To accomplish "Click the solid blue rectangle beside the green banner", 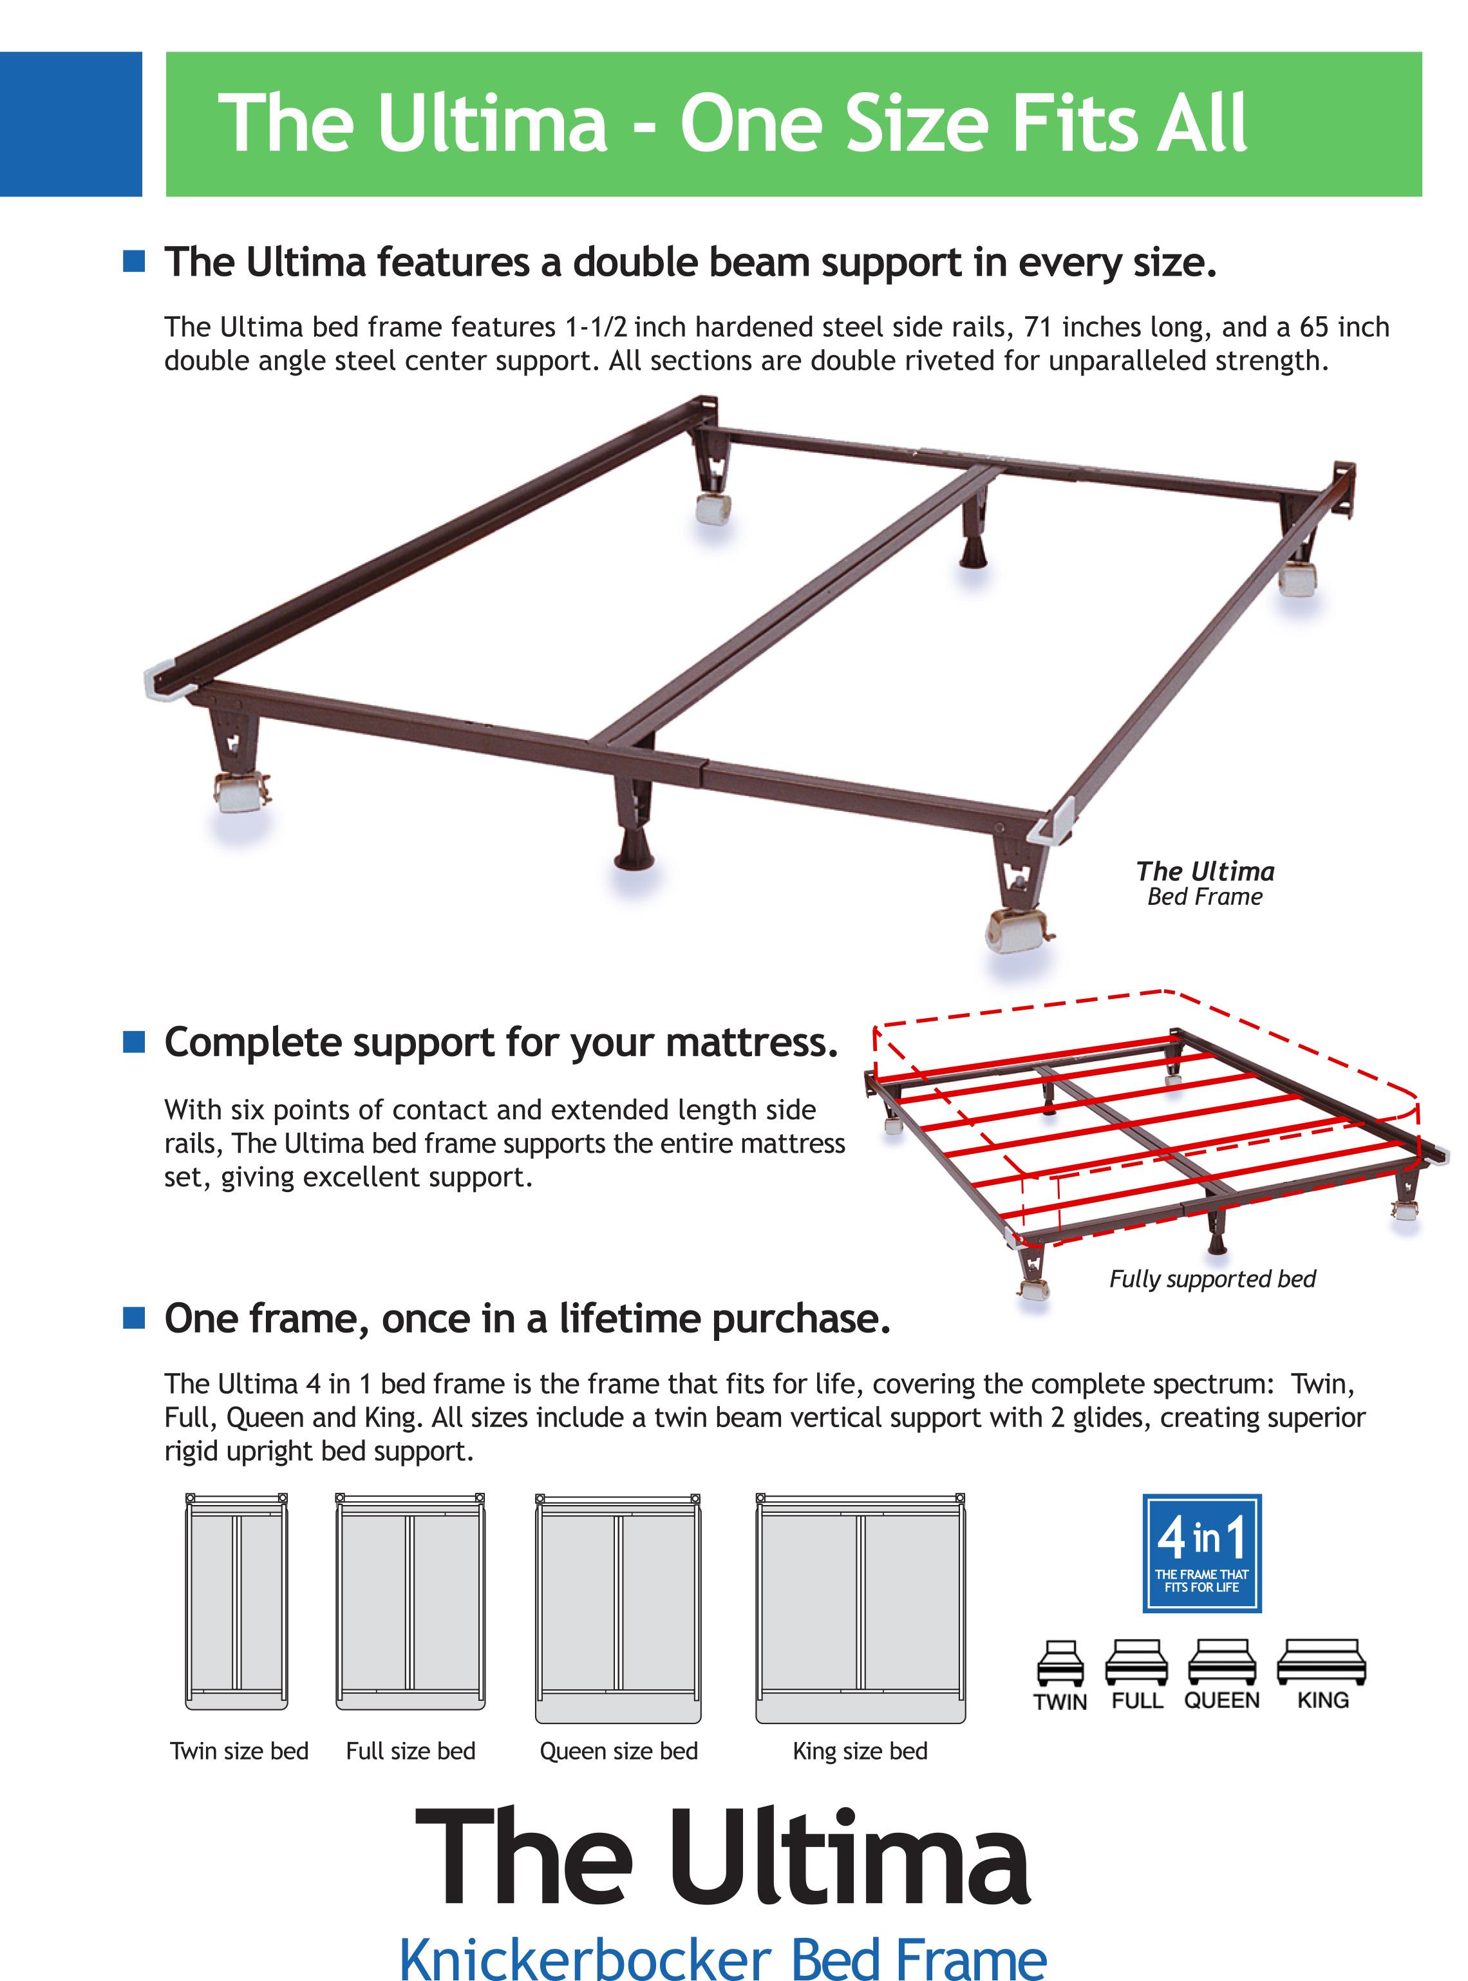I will pyautogui.click(x=70, y=124).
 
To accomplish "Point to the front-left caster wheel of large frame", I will pyautogui.click(x=240, y=792).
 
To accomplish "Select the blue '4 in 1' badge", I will pyautogui.click(x=1201, y=1553).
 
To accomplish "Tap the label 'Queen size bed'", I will pyautogui.click(x=619, y=1751).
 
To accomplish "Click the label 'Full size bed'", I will pyautogui.click(x=411, y=1751).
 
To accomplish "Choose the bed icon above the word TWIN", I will pyautogui.click(x=1060, y=1663).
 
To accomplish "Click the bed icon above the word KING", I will pyautogui.click(x=1321, y=1661).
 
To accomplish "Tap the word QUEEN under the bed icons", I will pyautogui.click(x=1222, y=1700).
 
